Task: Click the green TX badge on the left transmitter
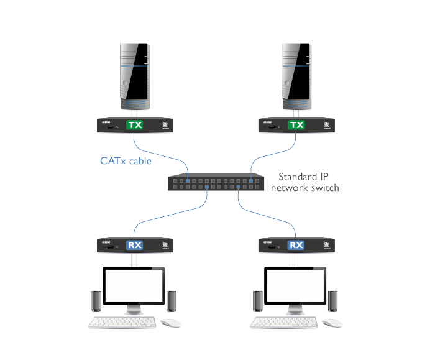[x=135, y=125]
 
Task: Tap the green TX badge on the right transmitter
[x=298, y=125]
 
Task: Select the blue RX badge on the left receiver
[x=135, y=245]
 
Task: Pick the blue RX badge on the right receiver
[x=298, y=245]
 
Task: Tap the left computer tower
[x=134, y=75]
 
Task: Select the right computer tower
[x=297, y=75]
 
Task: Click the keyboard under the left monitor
[x=123, y=323]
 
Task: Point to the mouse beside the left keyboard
[x=170, y=323]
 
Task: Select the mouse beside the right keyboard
[x=332, y=323]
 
